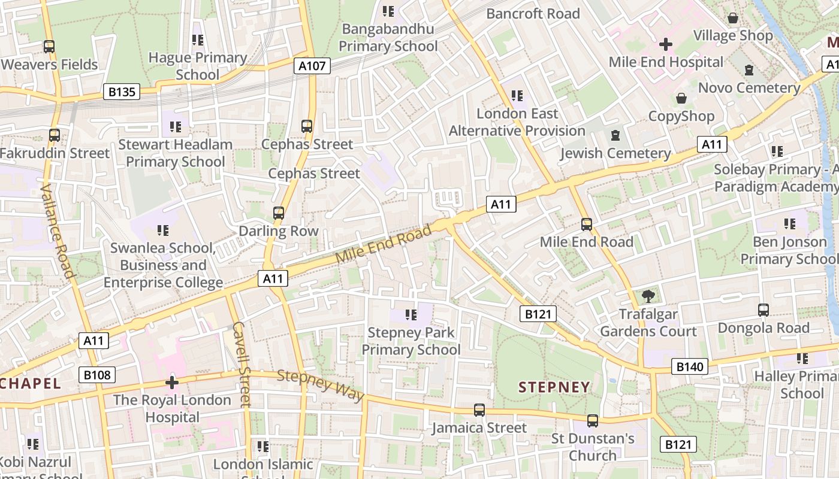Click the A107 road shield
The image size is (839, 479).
[313, 65]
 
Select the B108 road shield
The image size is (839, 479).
[96, 375]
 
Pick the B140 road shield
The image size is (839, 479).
[689, 366]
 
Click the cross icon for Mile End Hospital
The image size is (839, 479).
[665, 44]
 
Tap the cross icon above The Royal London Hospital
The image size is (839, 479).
[172, 382]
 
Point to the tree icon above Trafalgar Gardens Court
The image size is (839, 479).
[648, 296]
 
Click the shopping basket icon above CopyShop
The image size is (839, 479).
[681, 98]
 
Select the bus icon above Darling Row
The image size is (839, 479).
[278, 213]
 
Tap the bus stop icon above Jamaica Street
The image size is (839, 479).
[479, 410]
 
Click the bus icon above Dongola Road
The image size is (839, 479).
[763, 310]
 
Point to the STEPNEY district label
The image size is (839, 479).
[554, 387]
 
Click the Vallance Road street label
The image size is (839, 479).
[58, 231]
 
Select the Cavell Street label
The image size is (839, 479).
[241, 364]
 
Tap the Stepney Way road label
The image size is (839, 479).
[321, 386]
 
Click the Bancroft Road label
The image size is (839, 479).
[533, 13]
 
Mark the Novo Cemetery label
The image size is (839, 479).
[749, 88]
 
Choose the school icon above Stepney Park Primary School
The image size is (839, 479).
[411, 314]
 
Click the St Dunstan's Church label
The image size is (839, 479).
[592, 447]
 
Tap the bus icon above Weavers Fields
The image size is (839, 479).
[49, 46]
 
